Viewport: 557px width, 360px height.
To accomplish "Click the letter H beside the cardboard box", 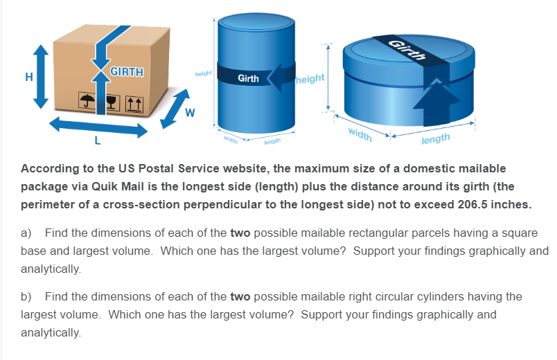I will coord(28,78).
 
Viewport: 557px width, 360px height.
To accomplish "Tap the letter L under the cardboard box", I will coord(98,143).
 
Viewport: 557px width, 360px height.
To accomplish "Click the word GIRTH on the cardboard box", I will coord(127,73).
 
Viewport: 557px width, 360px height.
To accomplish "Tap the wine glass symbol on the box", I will coord(109,101).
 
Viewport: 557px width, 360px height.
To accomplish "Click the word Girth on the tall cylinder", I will coord(248,78).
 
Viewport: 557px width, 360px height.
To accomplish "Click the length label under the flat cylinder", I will coord(436,138).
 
